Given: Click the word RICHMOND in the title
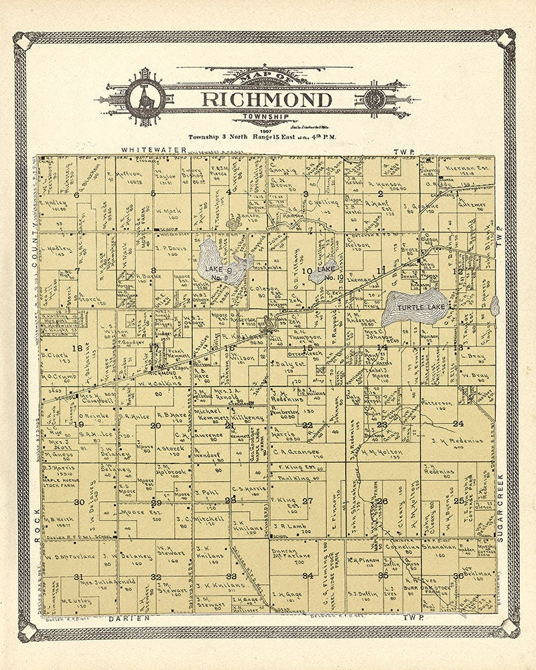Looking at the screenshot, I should pyautogui.click(x=267, y=100).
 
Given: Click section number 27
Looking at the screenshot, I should pyautogui.click(x=308, y=500).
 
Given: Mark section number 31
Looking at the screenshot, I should pyautogui.click(x=78, y=577).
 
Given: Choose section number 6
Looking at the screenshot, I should pyautogui.click(x=76, y=194).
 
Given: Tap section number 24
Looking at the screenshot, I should pyautogui.click(x=458, y=423).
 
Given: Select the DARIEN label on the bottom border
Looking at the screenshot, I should pyautogui.click(x=128, y=620).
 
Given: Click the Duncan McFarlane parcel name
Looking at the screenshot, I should pyautogui.click(x=291, y=555).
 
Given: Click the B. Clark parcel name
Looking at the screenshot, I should pyautogui.click(x=56, y=355).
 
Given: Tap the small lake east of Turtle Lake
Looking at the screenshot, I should pyautogui.click(x=494, y=306).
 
